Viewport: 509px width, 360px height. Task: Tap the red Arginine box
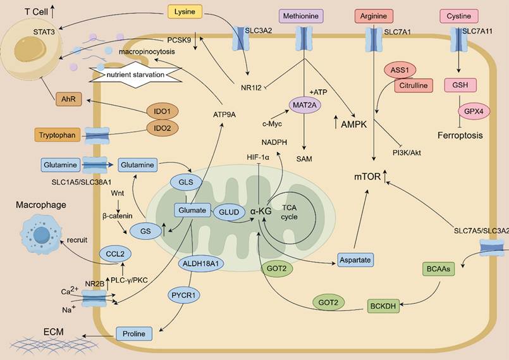coord(374,15)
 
